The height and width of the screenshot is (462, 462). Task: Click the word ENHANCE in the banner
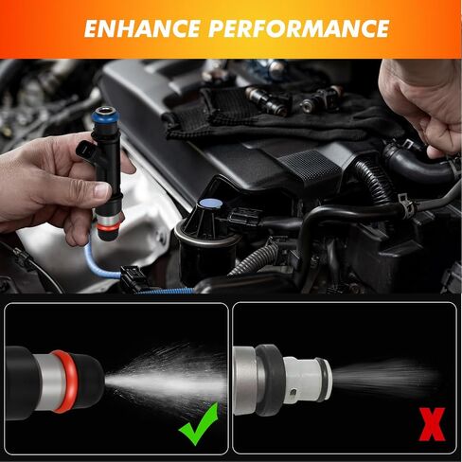[x=142, y=28]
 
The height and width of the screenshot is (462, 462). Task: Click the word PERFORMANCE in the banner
[x=299, y=28]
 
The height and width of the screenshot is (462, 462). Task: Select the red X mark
[x=432, y=424]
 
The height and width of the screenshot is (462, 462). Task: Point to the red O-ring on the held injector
[x=110, y=226]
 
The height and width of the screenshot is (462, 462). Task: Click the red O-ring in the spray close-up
[x=64, y=382]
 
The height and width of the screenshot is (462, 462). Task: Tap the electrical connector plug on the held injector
[x=86, y=151]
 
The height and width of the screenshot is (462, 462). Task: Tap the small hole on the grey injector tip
[x=293, y=393]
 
